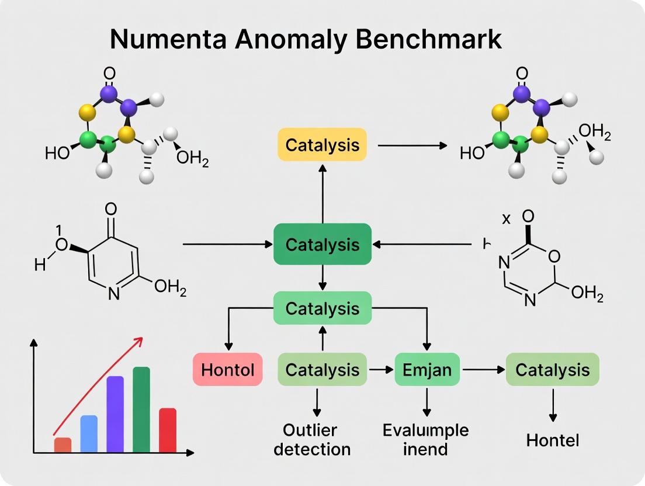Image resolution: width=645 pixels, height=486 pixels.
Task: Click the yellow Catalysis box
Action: pos(321,144)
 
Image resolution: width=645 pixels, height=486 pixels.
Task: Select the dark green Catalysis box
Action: pos(322,244)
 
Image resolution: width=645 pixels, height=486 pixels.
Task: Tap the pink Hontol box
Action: pos(227,369)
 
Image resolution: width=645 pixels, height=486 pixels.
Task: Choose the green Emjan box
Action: pos(427,369)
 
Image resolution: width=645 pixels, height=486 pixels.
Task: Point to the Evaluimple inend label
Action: pos(425,440)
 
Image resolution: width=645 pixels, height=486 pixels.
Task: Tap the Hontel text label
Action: pos(552,440)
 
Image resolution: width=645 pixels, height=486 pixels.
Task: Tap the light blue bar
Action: pos(89,433)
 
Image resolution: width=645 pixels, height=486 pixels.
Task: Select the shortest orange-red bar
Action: pos(63,445)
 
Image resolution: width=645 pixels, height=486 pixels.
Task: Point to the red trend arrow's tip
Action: pos(143,338)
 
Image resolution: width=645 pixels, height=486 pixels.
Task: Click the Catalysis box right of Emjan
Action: pos(552,369)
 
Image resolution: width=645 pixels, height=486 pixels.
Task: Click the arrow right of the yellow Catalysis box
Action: pos(412,145)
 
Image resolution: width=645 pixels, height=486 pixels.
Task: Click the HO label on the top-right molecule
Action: pos(472,153)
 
